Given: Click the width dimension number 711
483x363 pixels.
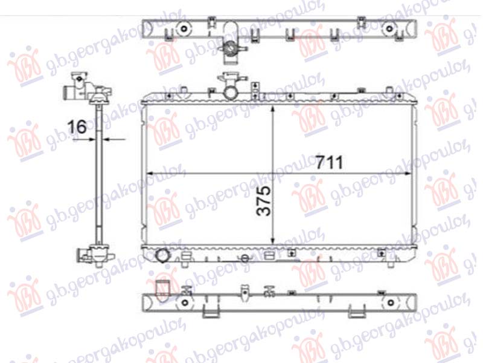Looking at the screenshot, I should pyautogui.click(x=329, y=162).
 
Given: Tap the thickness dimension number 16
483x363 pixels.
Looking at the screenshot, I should pyautogui.click(x=77, y=127).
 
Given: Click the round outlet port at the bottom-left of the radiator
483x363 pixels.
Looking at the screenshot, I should pyautogui.click(x=163, y=257).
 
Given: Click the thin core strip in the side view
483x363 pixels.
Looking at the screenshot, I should pyautogui.click(x=97, y=181).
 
